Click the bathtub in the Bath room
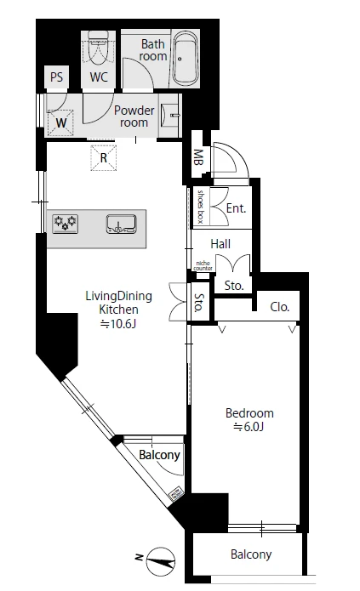point(185,59)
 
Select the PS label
point(56,77)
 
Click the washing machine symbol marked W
point(60,122)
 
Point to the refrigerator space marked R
point(103,157)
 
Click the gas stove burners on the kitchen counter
point(66,223)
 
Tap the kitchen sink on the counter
point(121,224)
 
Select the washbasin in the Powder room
point(169,115)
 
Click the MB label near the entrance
point(198,157)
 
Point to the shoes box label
point(200,207)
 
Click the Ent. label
point(236,208)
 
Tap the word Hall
point(220,244)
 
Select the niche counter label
point(203,265)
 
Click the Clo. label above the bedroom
point(280,307)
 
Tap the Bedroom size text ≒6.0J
point(249,427)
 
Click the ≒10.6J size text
point(118,324)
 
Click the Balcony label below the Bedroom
point(251,554)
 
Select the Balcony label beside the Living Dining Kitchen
point(159,455)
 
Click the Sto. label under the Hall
point(234,286)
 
